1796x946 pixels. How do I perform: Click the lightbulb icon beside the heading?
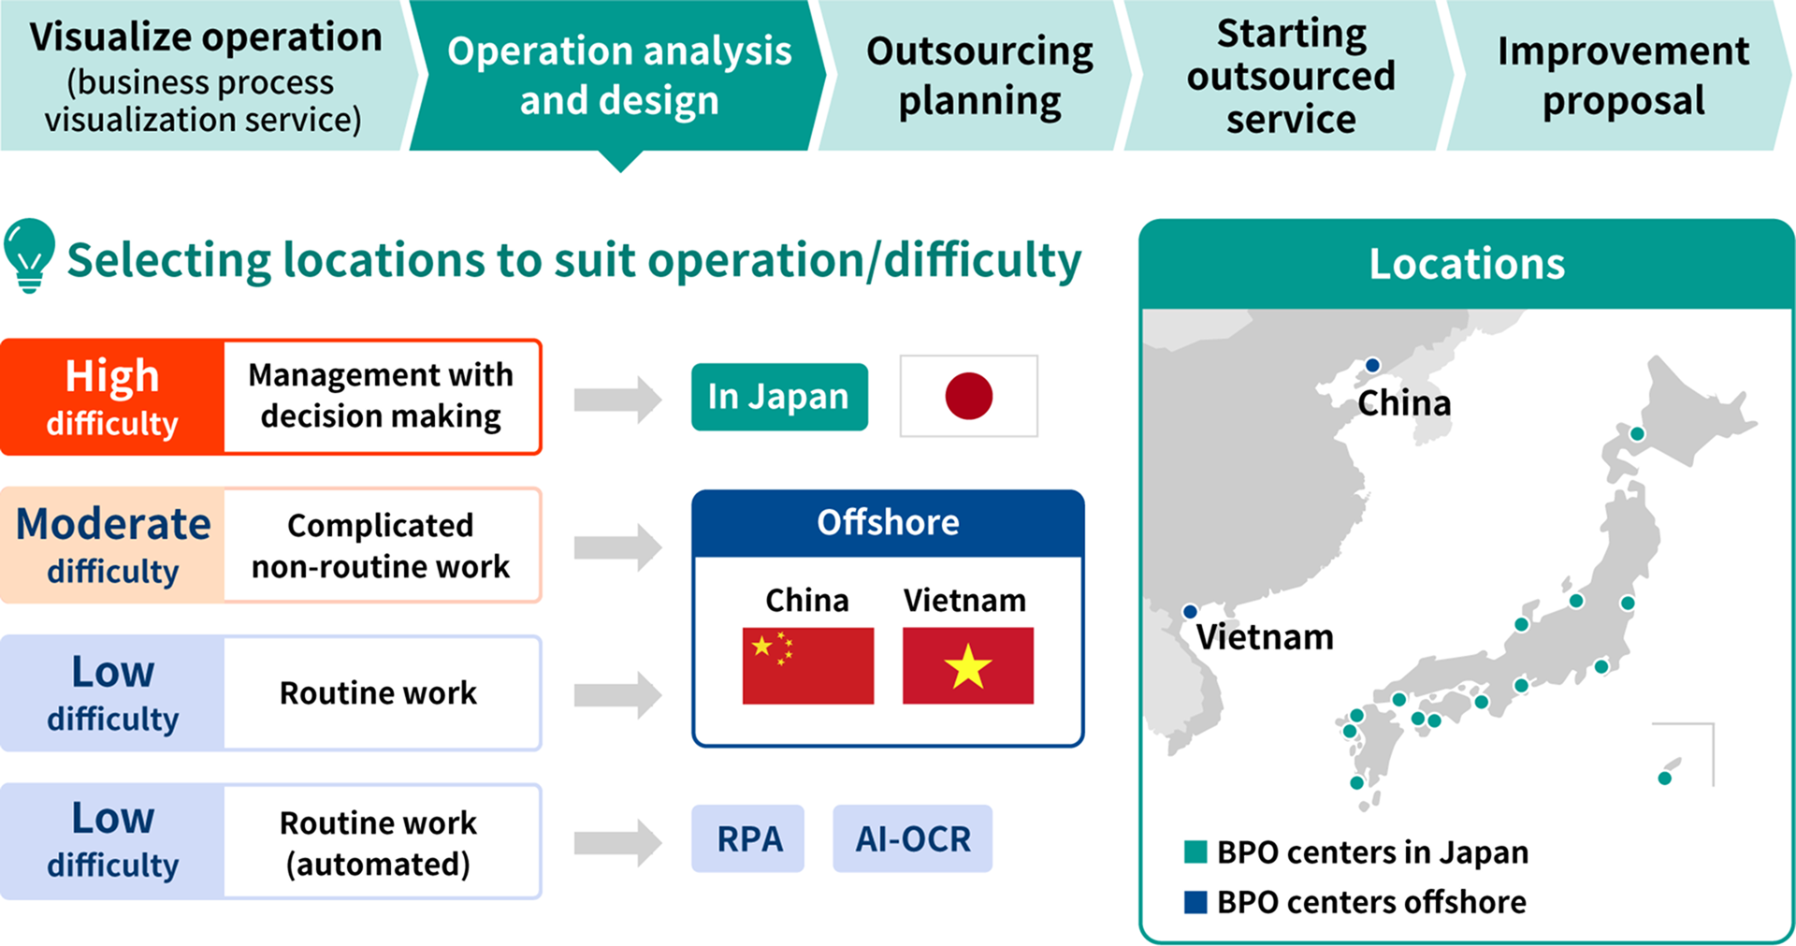(x=29, y=254)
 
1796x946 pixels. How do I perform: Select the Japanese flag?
(x=968, y=396)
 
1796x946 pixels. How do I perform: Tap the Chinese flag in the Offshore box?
(x=807, y=665)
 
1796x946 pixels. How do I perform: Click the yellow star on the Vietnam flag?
(x=968, y=666)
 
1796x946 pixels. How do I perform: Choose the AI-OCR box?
(x=912, y=838)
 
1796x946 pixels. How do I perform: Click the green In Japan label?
(x=779, y=397)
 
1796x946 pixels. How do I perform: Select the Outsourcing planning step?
(x=978, y=75)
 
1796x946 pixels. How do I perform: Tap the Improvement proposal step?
(x=1622, y=75)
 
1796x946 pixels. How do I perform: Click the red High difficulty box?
(x=112, y=398)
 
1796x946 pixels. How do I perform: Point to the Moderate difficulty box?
(x=112, y=546)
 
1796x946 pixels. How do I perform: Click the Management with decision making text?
(x=381, y=396)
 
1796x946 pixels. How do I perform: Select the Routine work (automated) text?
(x=379, y=842)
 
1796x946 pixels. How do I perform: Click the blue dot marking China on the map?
(x=1372, y=365)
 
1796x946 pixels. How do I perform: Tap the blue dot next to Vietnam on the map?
(x=1190, y=611)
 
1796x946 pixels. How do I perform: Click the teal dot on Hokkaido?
(x=1637, y=433)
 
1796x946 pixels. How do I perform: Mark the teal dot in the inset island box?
(x=1664, y=778)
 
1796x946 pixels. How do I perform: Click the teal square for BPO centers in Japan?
(x=1195, y=851)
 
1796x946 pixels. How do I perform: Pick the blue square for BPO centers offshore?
(x=1195, y=902)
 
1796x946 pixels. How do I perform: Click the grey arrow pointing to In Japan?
(x=617, y=400)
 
